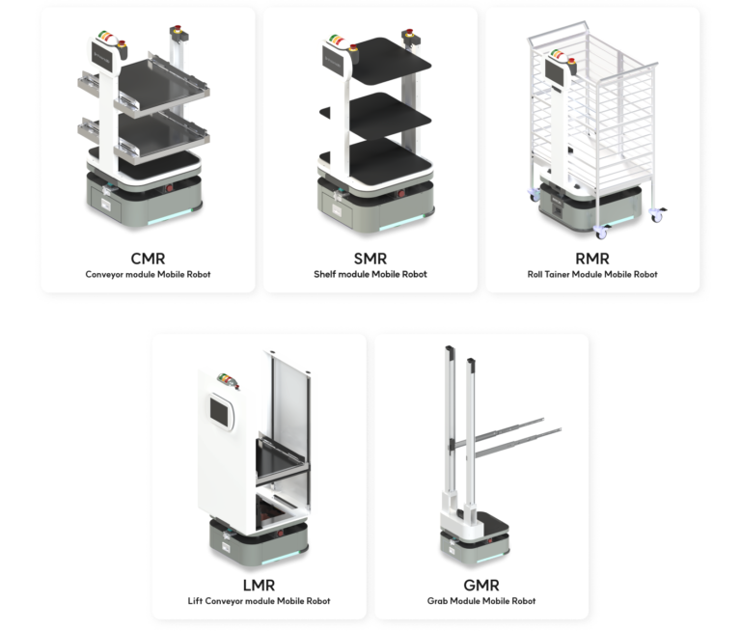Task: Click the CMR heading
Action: coord(148,259)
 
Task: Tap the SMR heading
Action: coord(370,259)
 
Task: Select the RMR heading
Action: coord(592,259)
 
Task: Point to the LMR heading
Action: coord(259,585)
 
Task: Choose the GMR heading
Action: coord(481,585)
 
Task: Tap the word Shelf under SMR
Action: coord(324,274)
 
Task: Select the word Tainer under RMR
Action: coord(557,274)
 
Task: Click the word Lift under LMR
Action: coord(195,601)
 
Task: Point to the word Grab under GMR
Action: coord(437,601)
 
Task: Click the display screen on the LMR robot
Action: coord(219,412)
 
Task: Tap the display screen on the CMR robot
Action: coord(102,58)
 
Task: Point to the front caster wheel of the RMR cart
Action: coord(601,233)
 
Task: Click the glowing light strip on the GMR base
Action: coord(493,557)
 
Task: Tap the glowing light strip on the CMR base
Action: coord(170,217)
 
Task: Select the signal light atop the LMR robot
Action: coord(228,380)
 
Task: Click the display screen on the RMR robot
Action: coord(555,70)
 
